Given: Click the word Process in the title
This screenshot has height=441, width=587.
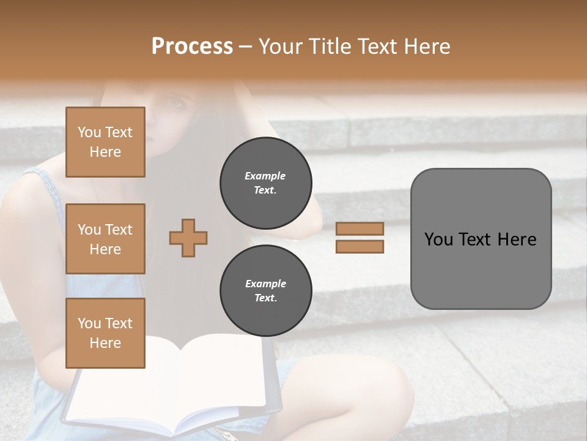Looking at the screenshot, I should (192, 47).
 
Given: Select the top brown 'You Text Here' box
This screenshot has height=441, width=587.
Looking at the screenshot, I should (105, 142).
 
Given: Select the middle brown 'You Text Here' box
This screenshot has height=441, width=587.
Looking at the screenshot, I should (105, 239).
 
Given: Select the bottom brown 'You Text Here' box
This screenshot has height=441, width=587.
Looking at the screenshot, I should (105, 333).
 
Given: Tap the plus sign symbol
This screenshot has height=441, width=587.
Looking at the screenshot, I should (188, 238).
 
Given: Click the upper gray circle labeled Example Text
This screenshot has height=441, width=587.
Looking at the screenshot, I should (265, 183).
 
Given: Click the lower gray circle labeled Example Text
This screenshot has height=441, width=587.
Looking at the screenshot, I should (265, 290).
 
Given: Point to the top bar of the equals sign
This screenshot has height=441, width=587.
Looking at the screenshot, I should (360, 229).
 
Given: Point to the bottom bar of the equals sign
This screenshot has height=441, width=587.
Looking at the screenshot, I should (360, 247).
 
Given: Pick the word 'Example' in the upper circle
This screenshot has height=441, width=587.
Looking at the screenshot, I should (265, 176).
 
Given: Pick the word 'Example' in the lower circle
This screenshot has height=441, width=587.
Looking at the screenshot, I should (265, 284).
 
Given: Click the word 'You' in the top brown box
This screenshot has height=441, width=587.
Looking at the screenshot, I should (89, 132).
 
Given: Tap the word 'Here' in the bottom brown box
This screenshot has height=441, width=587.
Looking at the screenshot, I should (105, 343).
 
